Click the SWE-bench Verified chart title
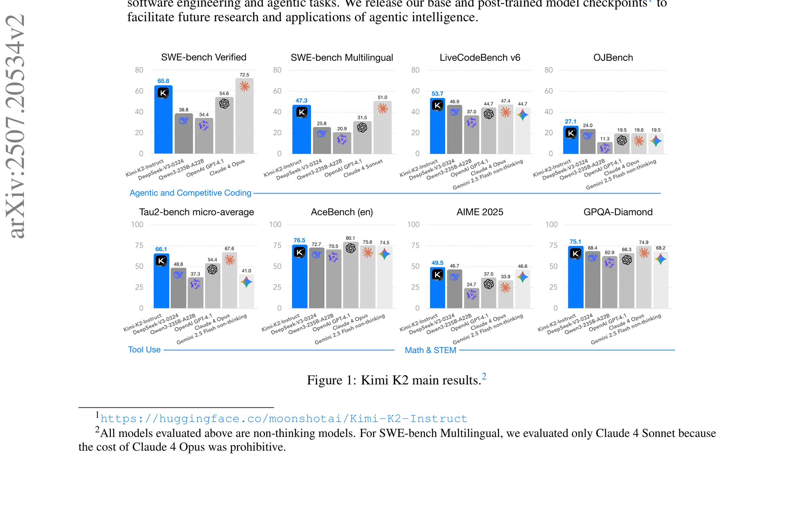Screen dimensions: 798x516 coord(203,57)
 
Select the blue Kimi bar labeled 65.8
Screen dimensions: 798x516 coord(163,120)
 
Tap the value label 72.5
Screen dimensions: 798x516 coord(244,75)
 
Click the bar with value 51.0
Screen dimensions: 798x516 coord(383,128)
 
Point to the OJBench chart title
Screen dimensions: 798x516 coord(613,57)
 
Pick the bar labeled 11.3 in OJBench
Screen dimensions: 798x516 coord(604,148)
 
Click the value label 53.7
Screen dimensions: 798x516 coord(437,94)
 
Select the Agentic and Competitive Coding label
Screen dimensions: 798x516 coord(191,193)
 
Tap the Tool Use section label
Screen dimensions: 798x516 coord(144,350)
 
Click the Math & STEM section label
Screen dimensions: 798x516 coord(431,350)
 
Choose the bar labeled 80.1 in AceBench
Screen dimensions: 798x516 coord(350,275)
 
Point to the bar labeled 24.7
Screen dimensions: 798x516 coord(471,298)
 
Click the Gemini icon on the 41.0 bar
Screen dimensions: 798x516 coord(246,282)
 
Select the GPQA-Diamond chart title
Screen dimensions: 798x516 coord(618,212)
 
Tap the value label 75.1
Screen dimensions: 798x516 coord(575,242)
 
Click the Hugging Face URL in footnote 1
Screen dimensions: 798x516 coord(284,419)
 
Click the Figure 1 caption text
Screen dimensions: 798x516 coord(397,380)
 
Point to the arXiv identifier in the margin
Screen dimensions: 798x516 coord(15,126)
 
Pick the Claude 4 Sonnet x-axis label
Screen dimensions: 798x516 coord(363,168)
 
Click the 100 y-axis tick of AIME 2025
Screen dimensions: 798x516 coord(413,225)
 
